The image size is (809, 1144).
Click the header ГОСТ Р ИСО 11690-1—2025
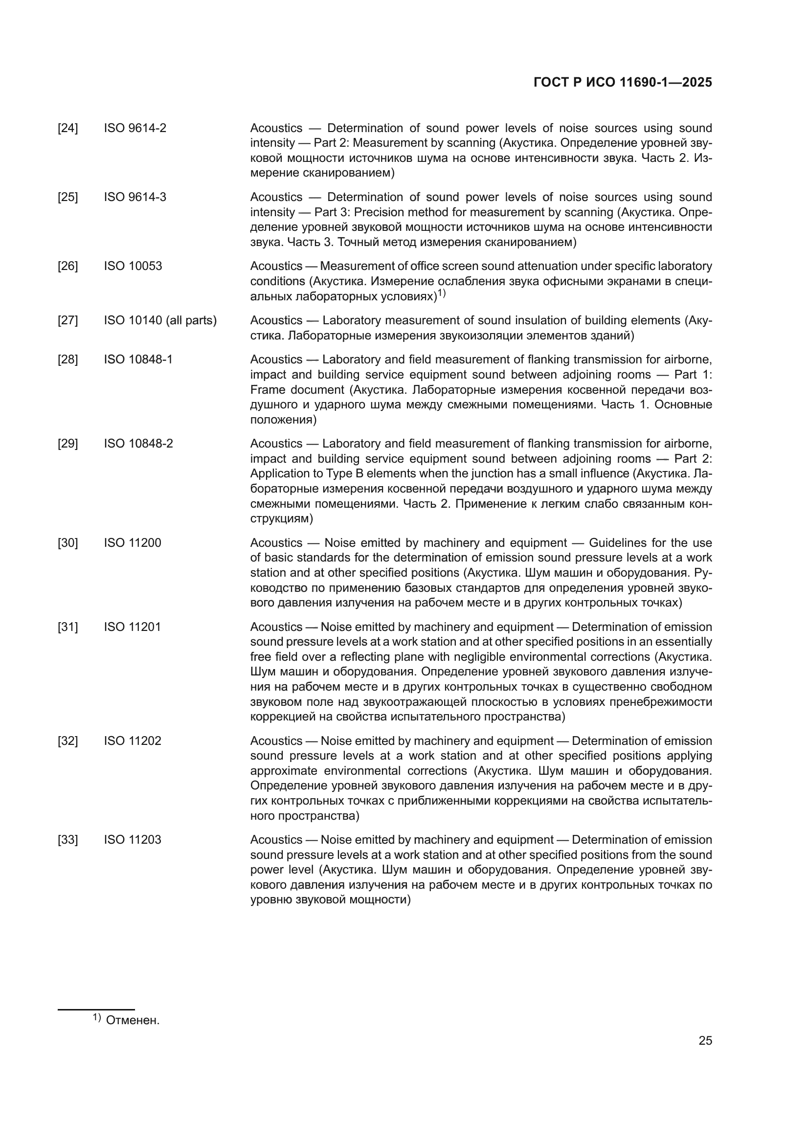pyautogui.click(x=622, y=83)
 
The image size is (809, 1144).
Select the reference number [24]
pyautogui.click(x=68, y=129)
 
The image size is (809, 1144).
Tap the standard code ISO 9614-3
pyautogui.click(x=135, y=197)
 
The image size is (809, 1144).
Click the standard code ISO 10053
pyautogui.click(x=133, y=266)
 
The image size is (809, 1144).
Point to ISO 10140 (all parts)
pyautogui.click(x=160, y=320)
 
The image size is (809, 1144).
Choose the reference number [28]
pyautogui.click(x=68, y=360)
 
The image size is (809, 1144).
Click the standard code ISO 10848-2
pyautogui.click(x=138, y=444)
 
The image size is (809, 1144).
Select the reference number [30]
pyautogui.click(x=68, y=542)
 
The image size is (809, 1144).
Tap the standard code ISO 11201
pyautogui.click(x=133, y=627)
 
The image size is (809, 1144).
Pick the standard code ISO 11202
pyautogui.click(x=133, y=741)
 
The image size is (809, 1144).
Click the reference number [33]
pyautogui.click(x=68, y=840)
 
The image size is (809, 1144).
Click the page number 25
pyautogui.click(x=705, y=1041)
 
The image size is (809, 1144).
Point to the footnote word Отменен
pyautogui.click(x=133, y=1020)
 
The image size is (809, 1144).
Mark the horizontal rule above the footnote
pyautogui.click(x=96, y=1010)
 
